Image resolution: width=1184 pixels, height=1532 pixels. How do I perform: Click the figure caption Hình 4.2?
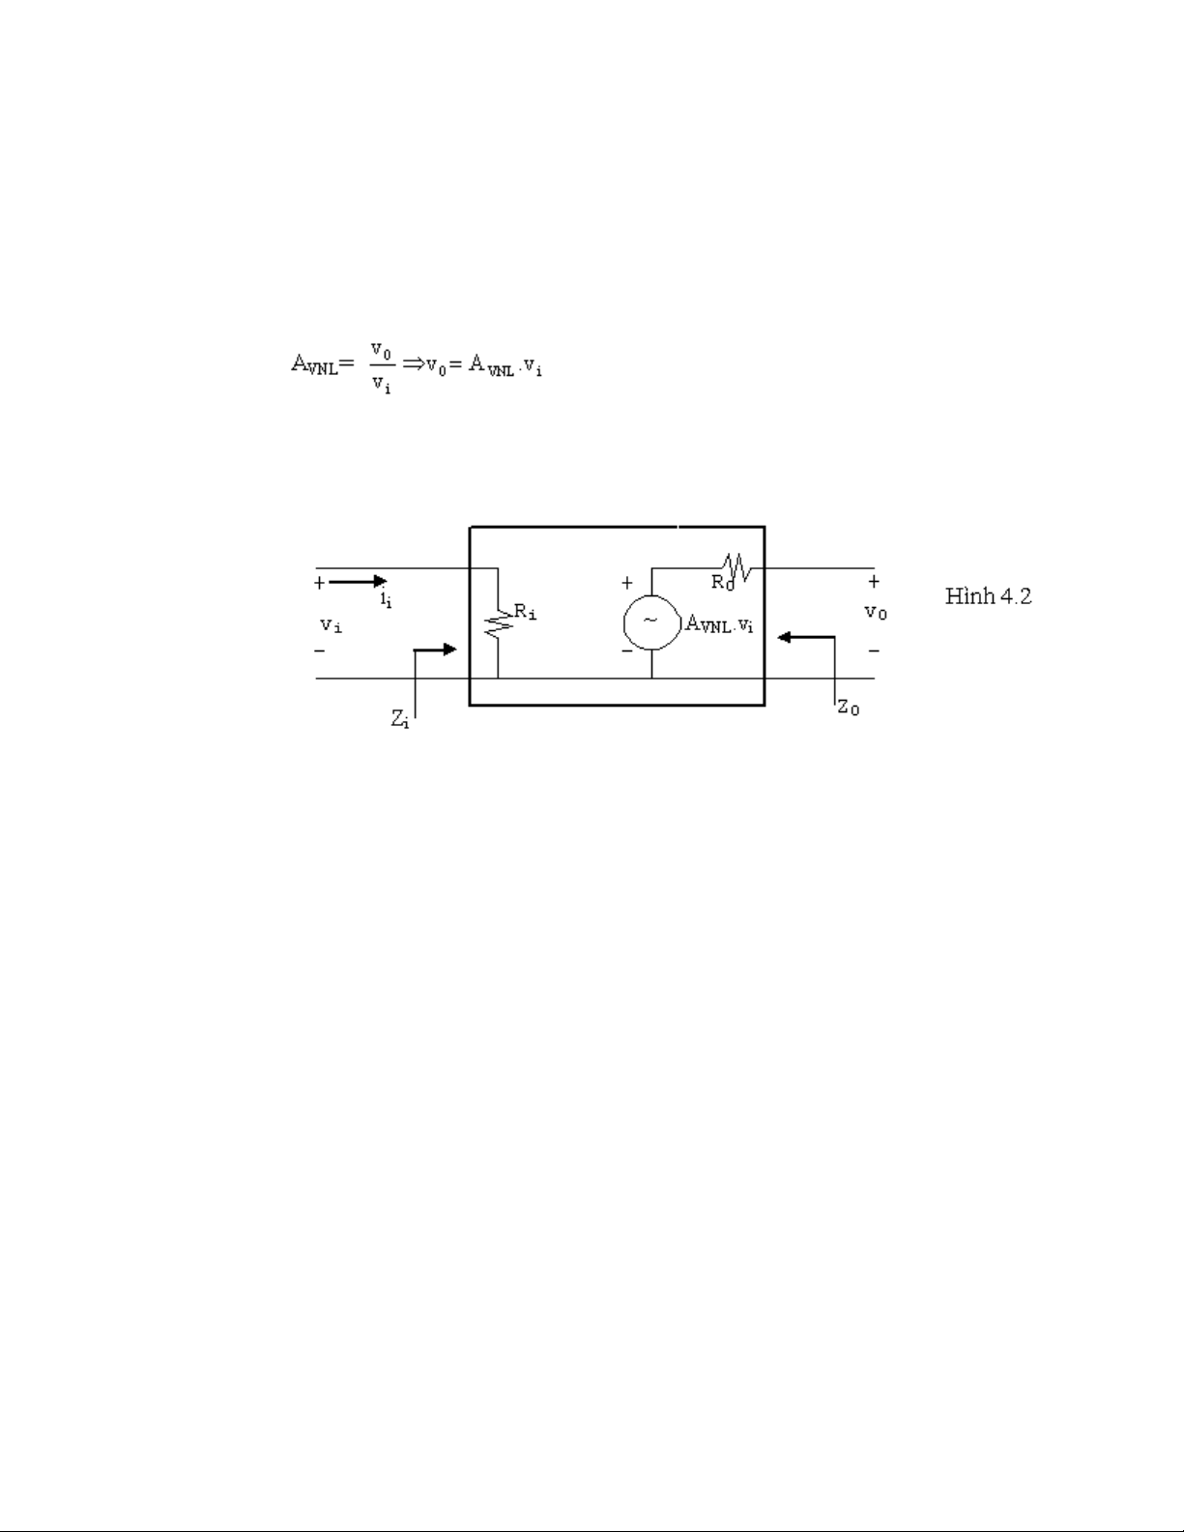coord(988,595)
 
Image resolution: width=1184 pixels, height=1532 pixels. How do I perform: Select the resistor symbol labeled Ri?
coord(499,623)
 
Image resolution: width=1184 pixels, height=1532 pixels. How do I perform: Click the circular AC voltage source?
coord(651,621)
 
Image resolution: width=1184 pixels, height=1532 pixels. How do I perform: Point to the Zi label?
coord(399,719)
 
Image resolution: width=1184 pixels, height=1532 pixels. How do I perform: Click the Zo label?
coord(848,708)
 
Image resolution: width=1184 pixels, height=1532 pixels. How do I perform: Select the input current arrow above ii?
coord(358,582)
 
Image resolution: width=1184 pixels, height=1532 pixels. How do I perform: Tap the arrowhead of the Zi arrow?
coord(449,650)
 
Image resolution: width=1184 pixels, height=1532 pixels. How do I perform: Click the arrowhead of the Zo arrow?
coord(784,637)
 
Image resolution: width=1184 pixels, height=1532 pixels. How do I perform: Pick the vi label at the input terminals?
coord(332,624)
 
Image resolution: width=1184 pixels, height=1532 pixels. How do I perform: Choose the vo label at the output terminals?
coord(876,612)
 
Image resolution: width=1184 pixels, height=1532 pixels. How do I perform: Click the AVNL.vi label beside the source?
coord(719,624)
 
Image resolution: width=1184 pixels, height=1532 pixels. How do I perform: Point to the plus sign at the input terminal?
coord(319,582)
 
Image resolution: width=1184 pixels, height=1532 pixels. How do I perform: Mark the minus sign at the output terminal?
coord(874,650)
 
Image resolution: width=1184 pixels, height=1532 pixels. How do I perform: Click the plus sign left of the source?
coord(626,582)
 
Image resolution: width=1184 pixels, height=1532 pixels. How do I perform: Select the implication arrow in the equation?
coord(413,363)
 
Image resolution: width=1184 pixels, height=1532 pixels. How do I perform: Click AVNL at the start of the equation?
coord(315,364)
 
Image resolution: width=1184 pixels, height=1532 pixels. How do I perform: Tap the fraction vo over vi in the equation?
coord(381,367)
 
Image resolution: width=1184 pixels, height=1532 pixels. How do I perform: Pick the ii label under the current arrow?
coord(387,600)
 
